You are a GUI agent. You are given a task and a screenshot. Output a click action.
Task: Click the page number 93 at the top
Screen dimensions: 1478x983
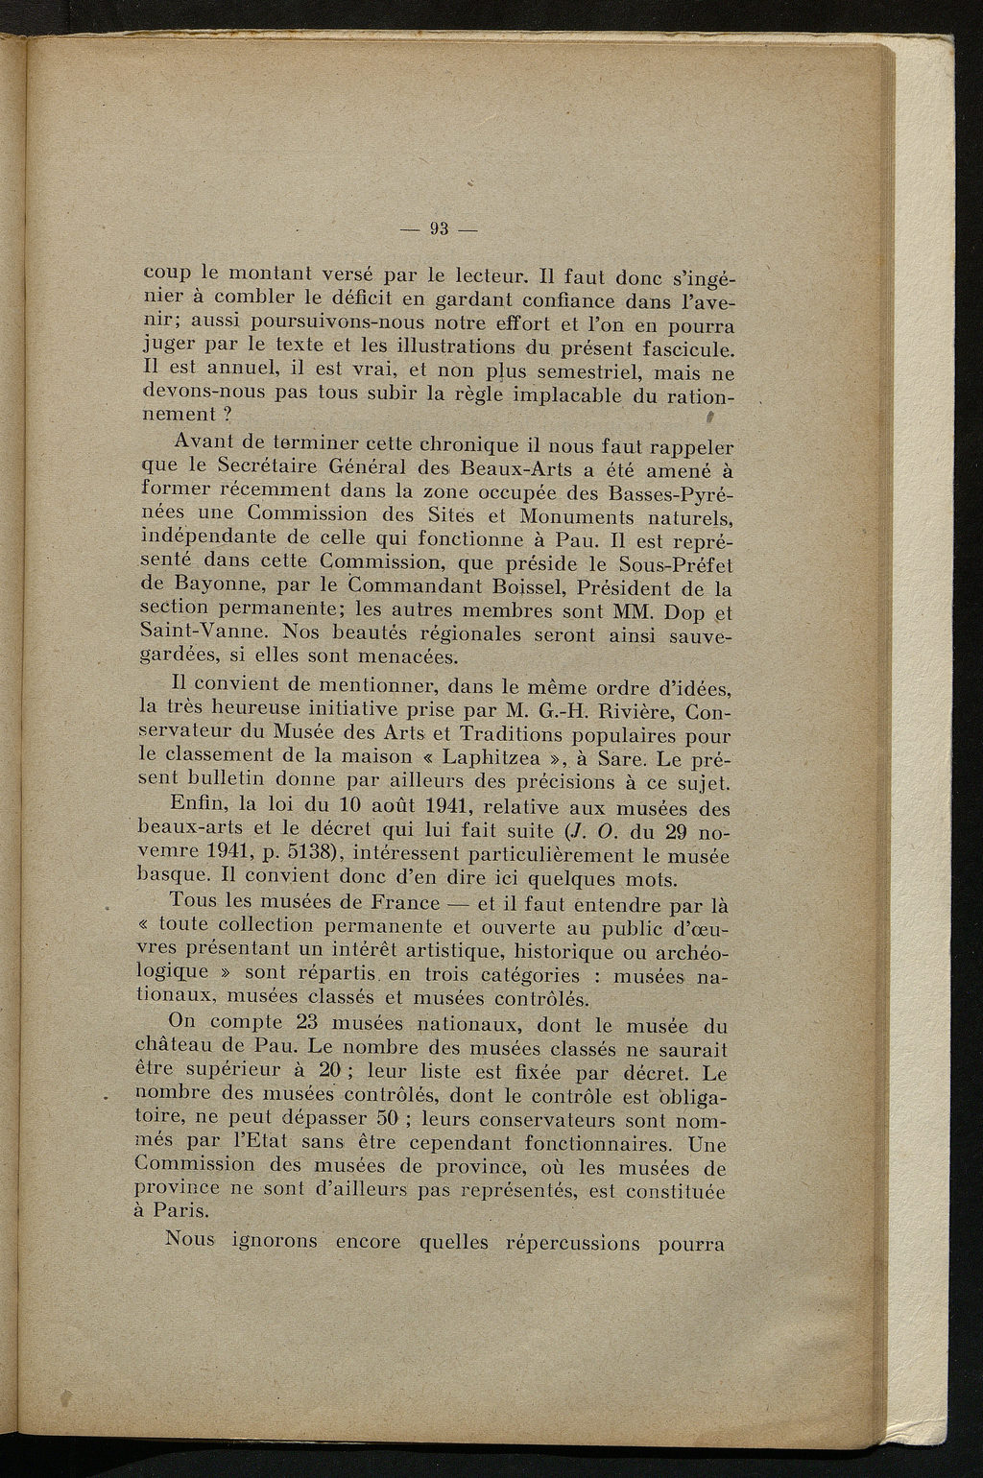pyautogui.click(x=441, y=228)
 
